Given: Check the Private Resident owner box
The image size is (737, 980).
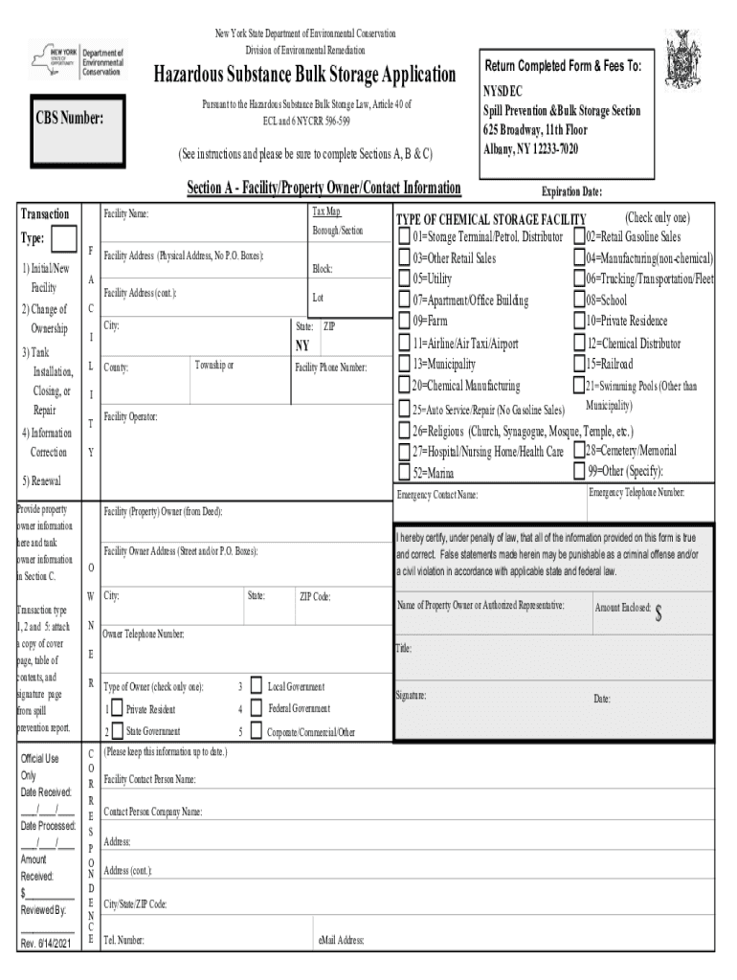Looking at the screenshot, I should coord(117,709).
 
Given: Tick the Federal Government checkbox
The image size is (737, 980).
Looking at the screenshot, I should coord(256,708).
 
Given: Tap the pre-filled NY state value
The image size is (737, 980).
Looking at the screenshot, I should coord(302,345).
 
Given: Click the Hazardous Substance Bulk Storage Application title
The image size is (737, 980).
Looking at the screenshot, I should coord(305,75).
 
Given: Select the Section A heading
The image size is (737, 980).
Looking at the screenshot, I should coord(324,188).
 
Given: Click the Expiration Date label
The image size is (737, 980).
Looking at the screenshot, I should coord(571,191).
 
